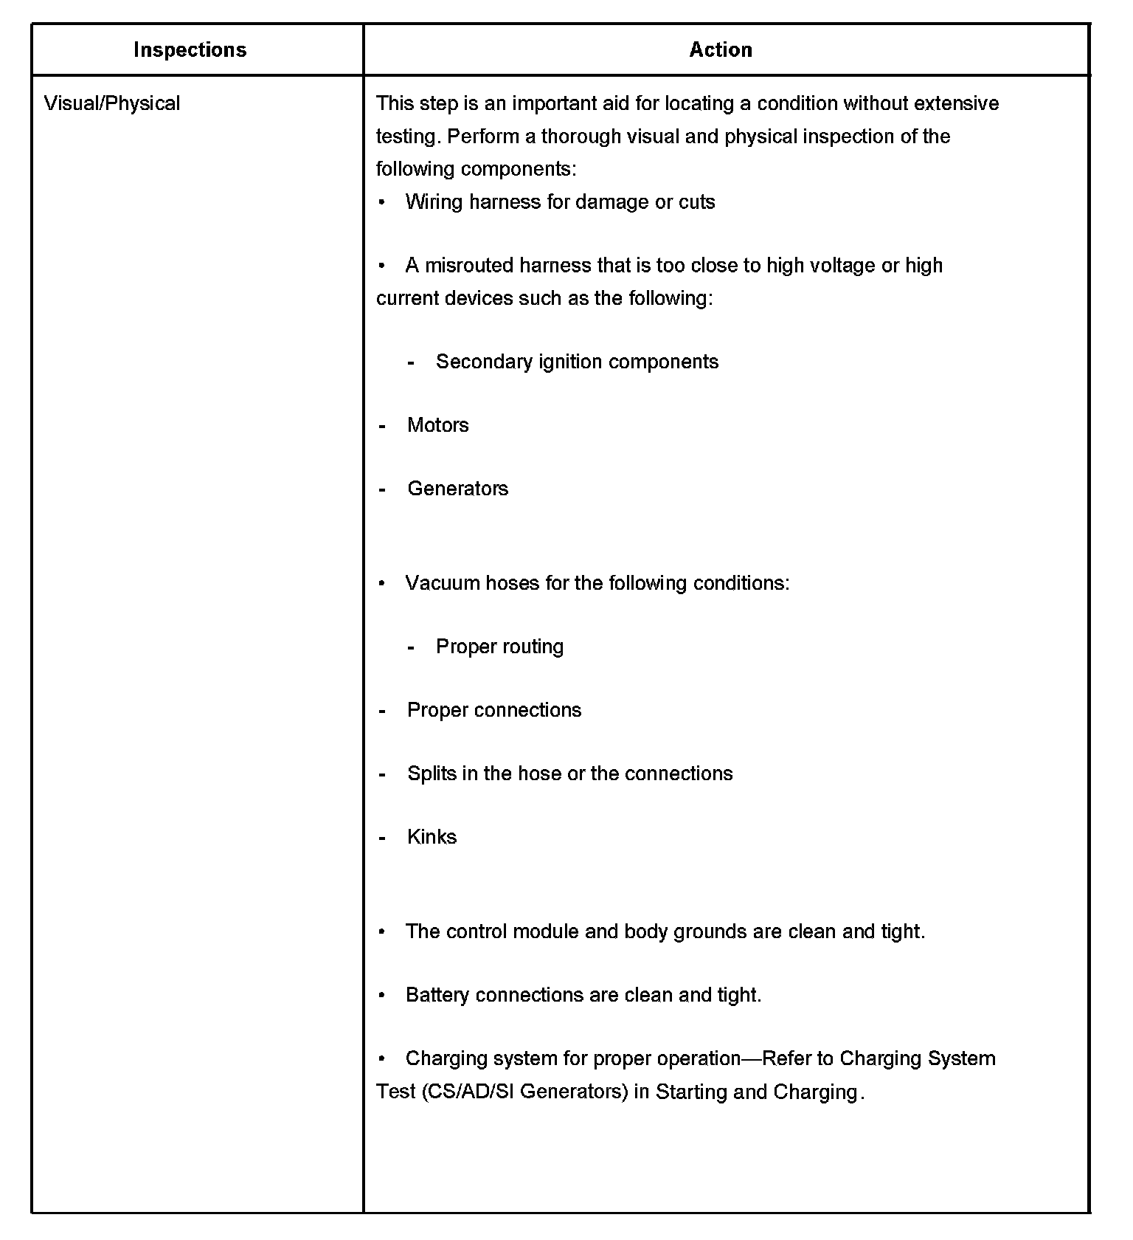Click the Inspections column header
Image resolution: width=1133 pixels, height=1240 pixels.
[x=190, y=49]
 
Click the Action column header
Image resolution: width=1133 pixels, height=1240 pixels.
[x=721, y=49]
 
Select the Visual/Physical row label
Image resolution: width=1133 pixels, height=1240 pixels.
[x=112, y=103]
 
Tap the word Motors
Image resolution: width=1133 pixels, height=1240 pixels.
[x=437, y=425]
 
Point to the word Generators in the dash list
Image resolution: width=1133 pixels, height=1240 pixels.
[x=457, y=489]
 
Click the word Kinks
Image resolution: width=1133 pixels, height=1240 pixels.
[x=432, y=837]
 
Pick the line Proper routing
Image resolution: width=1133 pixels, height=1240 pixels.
[x=499, y=647]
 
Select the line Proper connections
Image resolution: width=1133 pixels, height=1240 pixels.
[x=494, y=710]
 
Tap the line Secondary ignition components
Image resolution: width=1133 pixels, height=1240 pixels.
[x=577, y=362]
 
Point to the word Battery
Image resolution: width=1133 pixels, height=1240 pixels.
[x=438, y=995]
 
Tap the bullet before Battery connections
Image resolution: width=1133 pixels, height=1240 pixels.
[x=382, y=995]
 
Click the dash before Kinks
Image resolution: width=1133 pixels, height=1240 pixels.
[x=382, y=838]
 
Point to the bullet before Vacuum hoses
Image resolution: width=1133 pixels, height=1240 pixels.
[x=382, y=583]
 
